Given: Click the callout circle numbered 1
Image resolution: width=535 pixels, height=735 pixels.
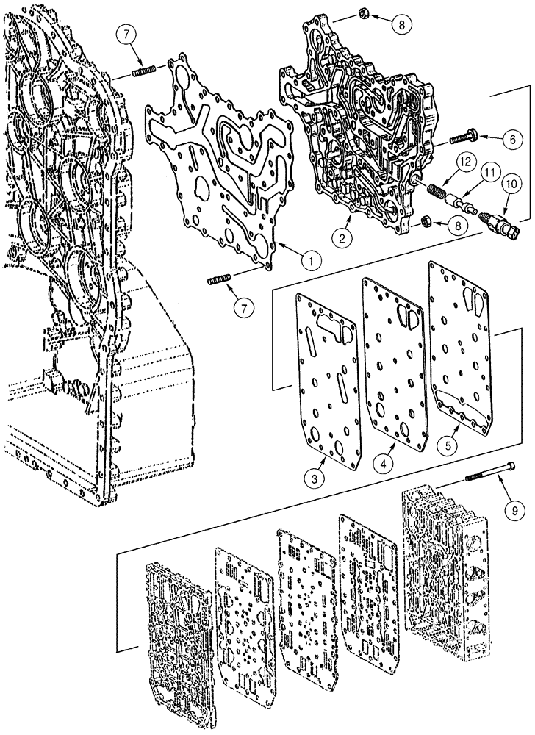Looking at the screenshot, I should [311, 259].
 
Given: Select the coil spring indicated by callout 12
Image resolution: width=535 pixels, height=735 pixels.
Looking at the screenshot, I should [440, 193].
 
